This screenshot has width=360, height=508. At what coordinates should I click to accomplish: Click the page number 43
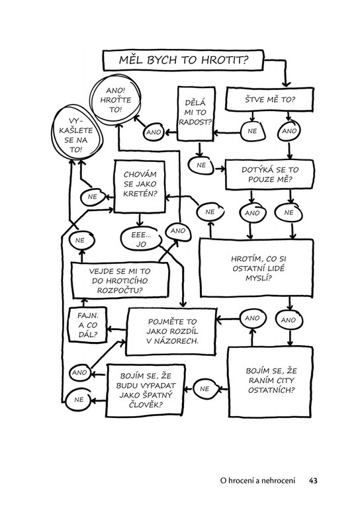[313, 480]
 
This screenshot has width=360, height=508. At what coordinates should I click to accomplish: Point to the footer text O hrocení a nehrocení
[257, 480]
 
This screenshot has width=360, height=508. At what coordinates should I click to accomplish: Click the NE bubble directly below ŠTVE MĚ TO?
[253, 131]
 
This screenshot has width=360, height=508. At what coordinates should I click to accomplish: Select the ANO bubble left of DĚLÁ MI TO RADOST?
[154, 132]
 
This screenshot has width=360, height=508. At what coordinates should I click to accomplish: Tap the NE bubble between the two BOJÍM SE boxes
[204, 389]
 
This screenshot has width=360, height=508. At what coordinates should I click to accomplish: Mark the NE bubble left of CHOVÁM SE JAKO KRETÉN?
[93, 197]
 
